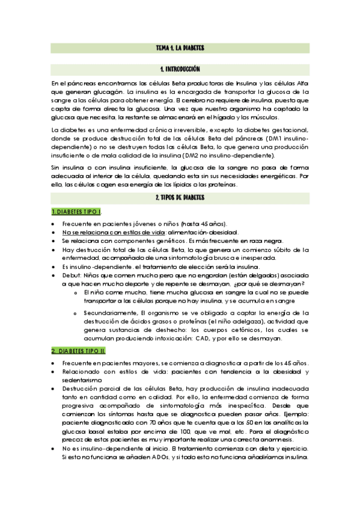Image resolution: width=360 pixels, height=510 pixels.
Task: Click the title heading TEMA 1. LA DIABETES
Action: (x=180, y=48)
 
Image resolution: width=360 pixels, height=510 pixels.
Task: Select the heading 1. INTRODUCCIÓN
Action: (x=180, y=70)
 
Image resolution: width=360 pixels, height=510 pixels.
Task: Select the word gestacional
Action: (x=288, y=131)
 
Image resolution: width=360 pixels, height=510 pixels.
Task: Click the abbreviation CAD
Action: (x=203, y=338)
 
